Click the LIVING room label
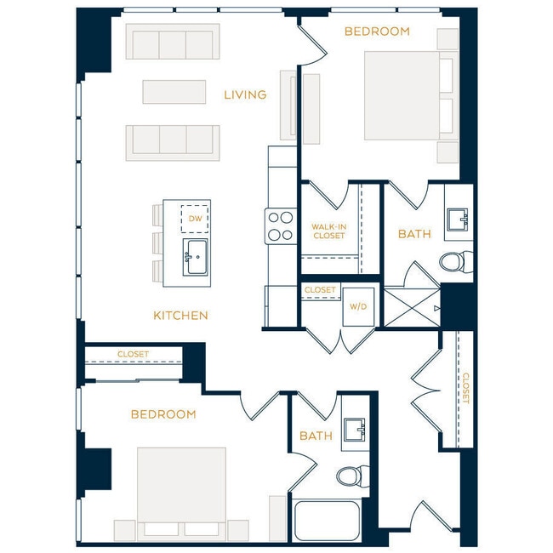245,94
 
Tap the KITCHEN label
180,316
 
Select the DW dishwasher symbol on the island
196,219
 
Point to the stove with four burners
280,226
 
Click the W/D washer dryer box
357,305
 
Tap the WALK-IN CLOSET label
328,231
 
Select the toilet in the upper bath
456,262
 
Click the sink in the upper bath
460,219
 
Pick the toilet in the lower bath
351,475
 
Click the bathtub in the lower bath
327,521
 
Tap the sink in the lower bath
355,432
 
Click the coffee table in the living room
174,92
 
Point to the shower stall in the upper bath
412,307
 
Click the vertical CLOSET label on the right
465,389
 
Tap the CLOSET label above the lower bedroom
134,354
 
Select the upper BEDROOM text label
377,31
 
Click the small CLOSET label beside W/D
320,290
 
